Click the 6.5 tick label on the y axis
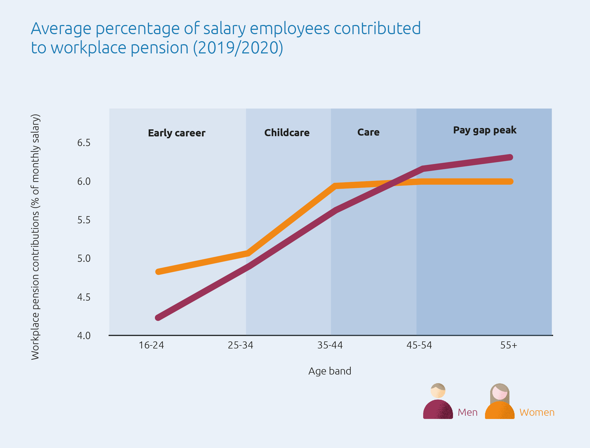(x=84, y=143)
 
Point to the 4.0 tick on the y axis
(x=84, y=336)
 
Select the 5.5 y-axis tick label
(x=84, y=220)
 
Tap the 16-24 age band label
(x=151, y=345)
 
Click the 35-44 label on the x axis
(x=330, y=345)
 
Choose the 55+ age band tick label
(x=509, y=345)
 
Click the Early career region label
(x=177, y=133)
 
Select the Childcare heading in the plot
(x=287, y=133)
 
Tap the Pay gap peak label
(x=485, y=130)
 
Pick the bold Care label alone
(x=368, y=132)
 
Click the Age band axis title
(x=330, y=371)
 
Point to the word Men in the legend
(x=467, y=412)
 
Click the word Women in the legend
(x=537, y=412)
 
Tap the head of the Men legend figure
(x=438, y=391)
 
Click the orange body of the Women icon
(x=500, y=411)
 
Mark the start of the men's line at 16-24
(x=158, y=318)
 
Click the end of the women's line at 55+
(x=510, y=181)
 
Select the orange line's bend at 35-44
(x=336, y=186)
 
